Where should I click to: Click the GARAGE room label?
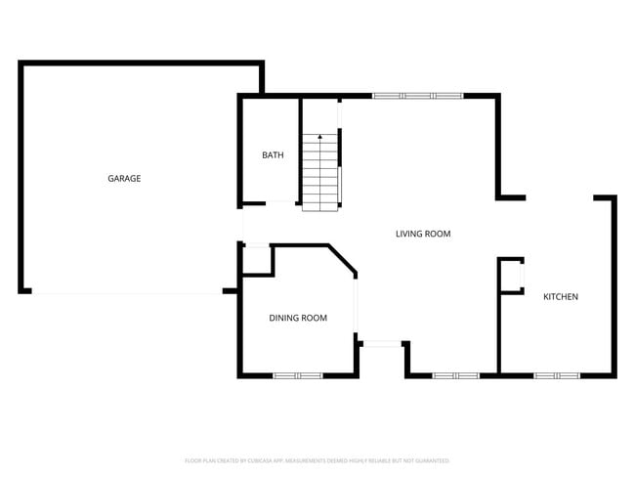pyautogui.click(x=124, y=179)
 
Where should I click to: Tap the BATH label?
pyautogui.click(x=273, y=155)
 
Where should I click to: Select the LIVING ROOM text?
pyautogui.click(x=423, y=234)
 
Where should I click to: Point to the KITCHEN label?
pyautogui.click(x=561, y=296)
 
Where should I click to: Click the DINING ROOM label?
pyautogui.click(x=298, y=318)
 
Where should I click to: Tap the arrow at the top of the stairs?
pyautogui.click(x=319, y=139)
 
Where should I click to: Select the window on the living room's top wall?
pyautogui.click(x=417, y=96)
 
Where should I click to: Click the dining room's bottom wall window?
pyautogui.click(x=297, y=375)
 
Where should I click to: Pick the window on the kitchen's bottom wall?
pyautogui.click(x=557, y=375)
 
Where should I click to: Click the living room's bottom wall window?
pyautogui.click(x=455, y=375)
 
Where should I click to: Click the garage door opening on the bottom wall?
pyautogui.click(x=127, y=291)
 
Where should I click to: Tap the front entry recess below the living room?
pyautogui.click(x=382, y=358)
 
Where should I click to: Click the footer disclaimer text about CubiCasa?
pyautogui.click(x=317, y=460)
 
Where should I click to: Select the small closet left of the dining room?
pyautogui.click(x=256, y=260)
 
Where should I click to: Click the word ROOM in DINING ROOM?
pyautogui.click(x=314, y=318)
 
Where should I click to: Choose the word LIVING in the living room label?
pyautogui.click(x=409, y=234)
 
